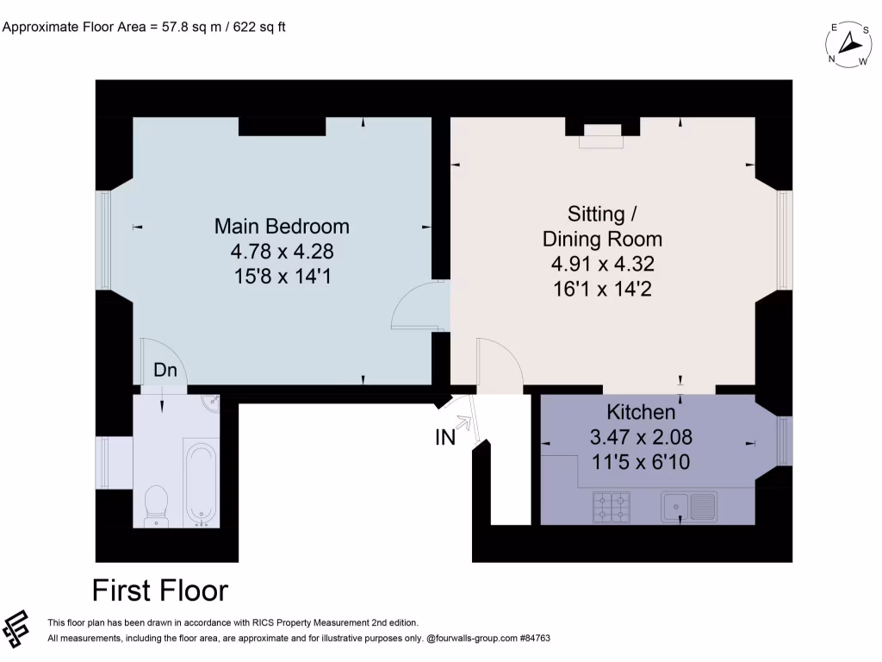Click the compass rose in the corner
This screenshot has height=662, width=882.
tap(848, 44)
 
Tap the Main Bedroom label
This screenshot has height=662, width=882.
tap(282, 227)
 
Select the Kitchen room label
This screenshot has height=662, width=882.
tap(641, 411)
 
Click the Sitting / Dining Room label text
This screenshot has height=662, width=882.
tap(602, 226)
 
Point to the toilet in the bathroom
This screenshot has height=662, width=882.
tap(157, 503)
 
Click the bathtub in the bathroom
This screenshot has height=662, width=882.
tap(202, 484)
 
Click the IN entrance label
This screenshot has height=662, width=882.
tap(444, 438)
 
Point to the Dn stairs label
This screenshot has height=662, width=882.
tap(165, 370)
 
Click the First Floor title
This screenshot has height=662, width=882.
tap(160, 590)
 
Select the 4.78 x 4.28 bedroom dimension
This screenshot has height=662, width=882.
tap(282, 252)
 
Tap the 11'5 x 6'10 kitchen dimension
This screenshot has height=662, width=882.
tap(641, 462)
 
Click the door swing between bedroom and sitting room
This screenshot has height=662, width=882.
tap(417, 307)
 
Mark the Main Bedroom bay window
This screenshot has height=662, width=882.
tap(104, 240)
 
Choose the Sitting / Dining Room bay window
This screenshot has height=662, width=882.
tap(783, 240)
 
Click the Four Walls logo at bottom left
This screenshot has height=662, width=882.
tap(17, 629)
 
